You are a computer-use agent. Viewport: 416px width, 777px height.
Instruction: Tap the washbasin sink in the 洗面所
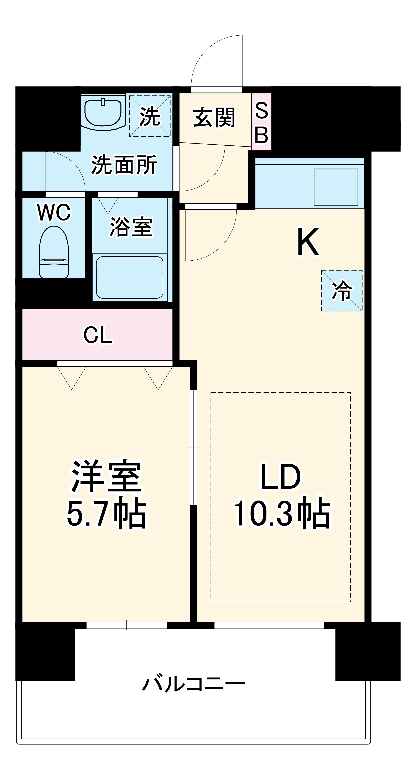click(103, 112)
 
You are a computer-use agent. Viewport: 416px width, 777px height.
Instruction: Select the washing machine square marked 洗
click(150, 116)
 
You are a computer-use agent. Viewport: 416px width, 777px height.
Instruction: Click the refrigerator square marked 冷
click(342, 290)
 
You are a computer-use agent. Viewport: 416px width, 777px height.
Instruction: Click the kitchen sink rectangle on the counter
click(336, 187)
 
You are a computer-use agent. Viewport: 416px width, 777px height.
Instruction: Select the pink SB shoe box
click(261, 122)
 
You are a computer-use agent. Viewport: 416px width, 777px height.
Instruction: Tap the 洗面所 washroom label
click(124, 165)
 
